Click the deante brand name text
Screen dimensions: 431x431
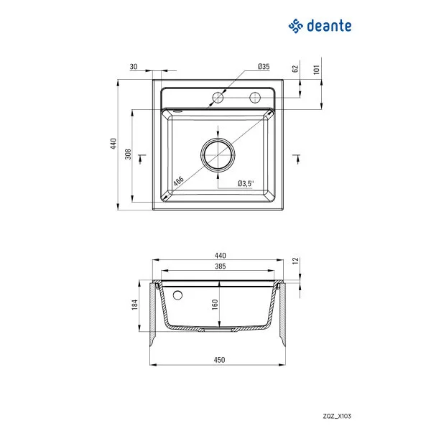330,26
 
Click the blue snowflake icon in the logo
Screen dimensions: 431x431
296,26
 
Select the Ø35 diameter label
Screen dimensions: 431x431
264,67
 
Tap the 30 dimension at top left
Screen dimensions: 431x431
134,67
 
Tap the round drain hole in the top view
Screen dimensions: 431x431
218,154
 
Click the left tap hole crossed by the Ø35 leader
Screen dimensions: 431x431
216,97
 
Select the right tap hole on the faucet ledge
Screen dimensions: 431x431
254,97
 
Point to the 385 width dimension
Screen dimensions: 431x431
221,267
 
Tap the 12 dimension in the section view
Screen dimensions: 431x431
295,261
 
